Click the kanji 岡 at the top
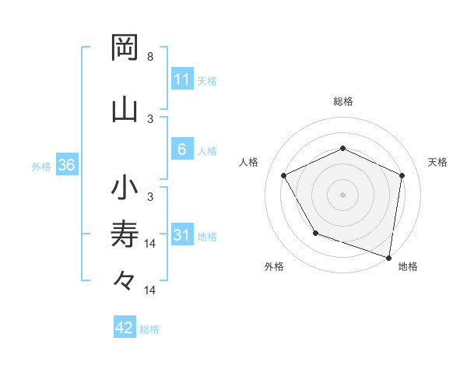pyautogui.click(x=125, y=48)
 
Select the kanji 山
pyautogui.click(x=125, y=109)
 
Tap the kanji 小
pyautogui.click(x=125, y=188)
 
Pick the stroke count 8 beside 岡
pyautogui.click(x=150, y=58)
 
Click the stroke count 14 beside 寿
pyautogui.click(x=151, y=244)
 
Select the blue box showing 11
pyautogui.click(x=181, y=79)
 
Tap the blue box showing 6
pyautogui.click(x=181, y=150)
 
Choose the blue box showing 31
pyautogui.click(x=181, y=235)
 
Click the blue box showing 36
pyautogui.click(x=66, y=166)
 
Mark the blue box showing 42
pyautogui.click(x=125, y=328)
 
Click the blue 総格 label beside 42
pyautogui.click(x=149, y=329)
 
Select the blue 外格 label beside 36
pyautogui.click(x=41, y=167)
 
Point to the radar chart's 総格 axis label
pyautogui.click(x=342, y=101)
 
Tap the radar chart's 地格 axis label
pyautogui.click(x=408, y=266)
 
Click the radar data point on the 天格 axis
pyautogui.click(x=402, y=175)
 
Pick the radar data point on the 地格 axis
pyautogui.click(x=388, y=257)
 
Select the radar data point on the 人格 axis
pyautogui.click(x=284, y=175)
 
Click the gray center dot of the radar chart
pyautogui.click(x=342, y=194)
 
